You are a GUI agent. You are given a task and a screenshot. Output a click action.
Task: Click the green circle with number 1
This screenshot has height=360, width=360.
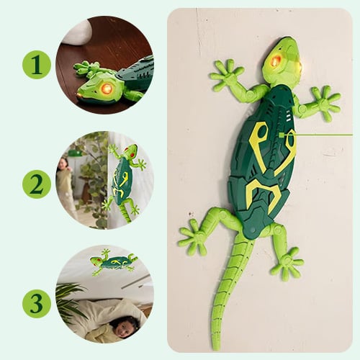[x=37, y=65]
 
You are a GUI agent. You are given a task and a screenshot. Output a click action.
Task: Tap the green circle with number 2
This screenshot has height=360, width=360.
[x=37, y=184]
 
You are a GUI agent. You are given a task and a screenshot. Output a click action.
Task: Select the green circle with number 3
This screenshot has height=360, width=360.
[x=37, y=304]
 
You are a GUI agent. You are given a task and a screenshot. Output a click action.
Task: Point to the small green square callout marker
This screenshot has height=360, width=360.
[x=282, y=135]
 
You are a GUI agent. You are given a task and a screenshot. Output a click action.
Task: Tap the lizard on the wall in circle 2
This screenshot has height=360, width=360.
[x=125, y=183]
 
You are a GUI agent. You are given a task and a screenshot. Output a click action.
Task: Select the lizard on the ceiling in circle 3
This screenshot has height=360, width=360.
[x=113, y=262]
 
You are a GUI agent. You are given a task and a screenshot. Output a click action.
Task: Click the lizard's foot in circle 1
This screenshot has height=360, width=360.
[x=87, y=68]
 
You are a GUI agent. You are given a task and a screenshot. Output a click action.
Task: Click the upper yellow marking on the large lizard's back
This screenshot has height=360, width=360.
[x=271, y=146]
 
